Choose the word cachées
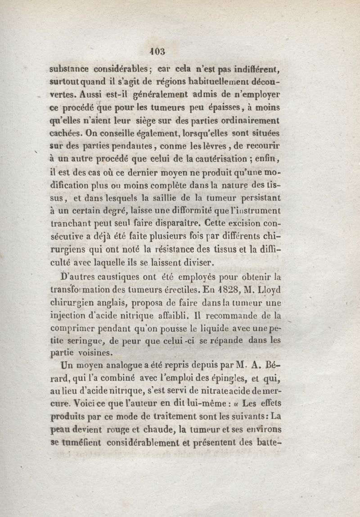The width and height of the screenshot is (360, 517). (67, 134)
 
